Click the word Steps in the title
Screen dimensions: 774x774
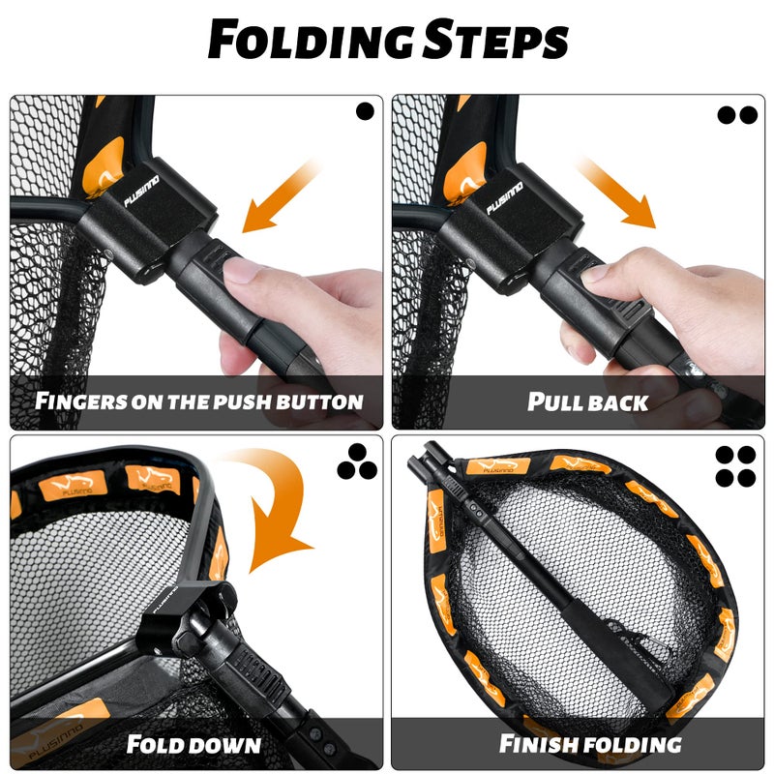(x=494, y=41)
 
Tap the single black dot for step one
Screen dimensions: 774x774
(x=365, y=111)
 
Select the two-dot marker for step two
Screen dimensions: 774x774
(x=737, y=114)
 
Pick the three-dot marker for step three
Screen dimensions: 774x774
(x=357, y=466)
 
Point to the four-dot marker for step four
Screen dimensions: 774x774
(x=736, y=465)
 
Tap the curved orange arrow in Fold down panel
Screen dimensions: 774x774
(x=276, y=513)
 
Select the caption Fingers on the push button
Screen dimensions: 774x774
(x=198, y=401)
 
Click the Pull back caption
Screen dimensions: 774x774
(x=587, y=402)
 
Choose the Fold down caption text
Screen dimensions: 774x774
(x=193, y=744)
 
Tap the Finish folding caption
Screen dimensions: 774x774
(x=589, y=744)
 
